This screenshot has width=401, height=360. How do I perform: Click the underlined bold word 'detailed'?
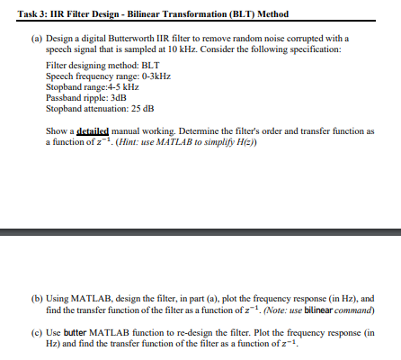tap(94, 130)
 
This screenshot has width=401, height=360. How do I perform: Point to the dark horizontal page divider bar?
tap(200, 232)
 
